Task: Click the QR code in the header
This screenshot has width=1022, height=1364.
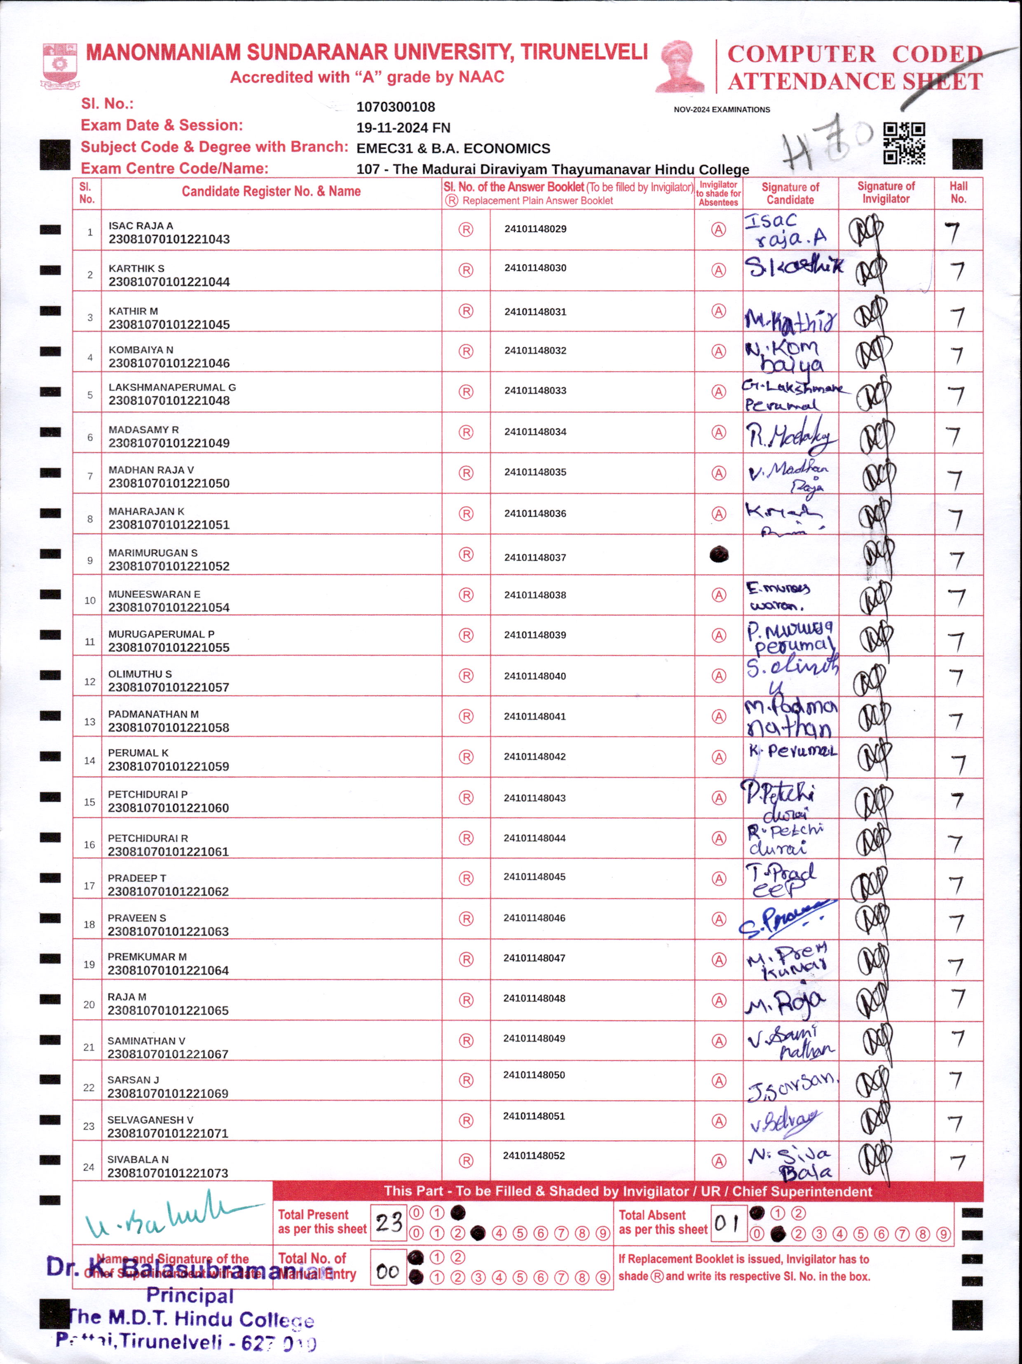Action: (904, 143)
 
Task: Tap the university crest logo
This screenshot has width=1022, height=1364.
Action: (59, 65)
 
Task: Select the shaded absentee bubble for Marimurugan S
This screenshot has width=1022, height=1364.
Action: (719, 554)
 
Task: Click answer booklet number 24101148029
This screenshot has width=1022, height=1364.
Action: (535, 229)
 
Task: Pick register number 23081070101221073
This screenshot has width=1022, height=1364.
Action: (168, 1173)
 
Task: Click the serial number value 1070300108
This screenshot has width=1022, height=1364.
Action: (395, 107)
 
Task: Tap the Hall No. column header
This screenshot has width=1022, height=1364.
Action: (958, 192)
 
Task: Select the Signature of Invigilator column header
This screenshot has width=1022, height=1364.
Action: (886, 192)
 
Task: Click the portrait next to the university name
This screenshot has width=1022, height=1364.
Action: (680, 67)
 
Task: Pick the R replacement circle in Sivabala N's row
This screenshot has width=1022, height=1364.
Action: (466, 1160)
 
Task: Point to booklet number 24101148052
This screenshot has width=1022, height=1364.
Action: (534, 1155)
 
